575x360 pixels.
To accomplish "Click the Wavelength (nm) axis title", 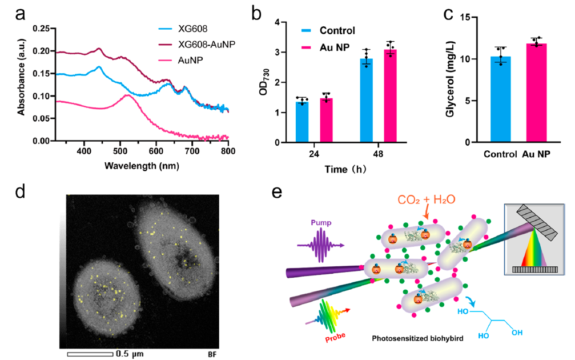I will [x=142, y=165].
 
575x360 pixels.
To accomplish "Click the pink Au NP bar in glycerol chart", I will [x=537, y=93].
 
